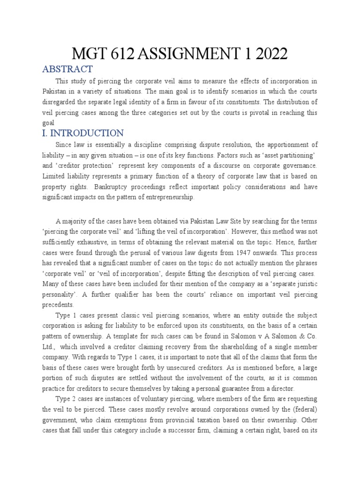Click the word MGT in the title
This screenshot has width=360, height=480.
(x=89, y=54)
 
